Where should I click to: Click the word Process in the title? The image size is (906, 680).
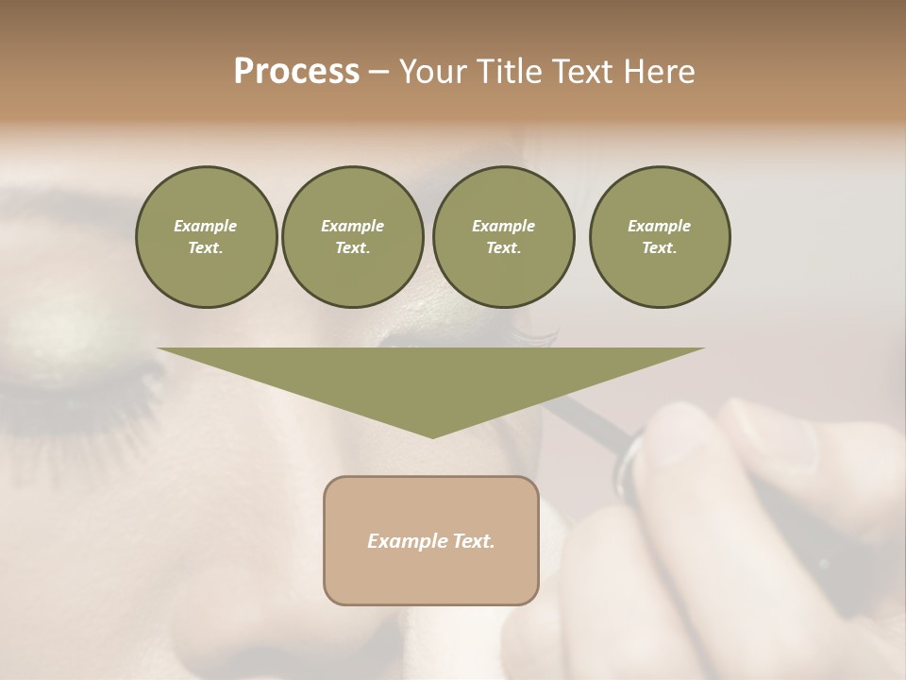click(x=296, y=72)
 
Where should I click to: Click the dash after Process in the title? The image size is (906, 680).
click(x=379, y=73)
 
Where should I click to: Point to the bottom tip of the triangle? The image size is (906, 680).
click(x=432, y=435)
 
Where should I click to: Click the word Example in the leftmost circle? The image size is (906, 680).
click(x=206, y=226)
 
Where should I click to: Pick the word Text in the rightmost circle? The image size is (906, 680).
click(x=658, y=247)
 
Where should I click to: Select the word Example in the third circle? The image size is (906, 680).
click(x=504, y=226)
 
